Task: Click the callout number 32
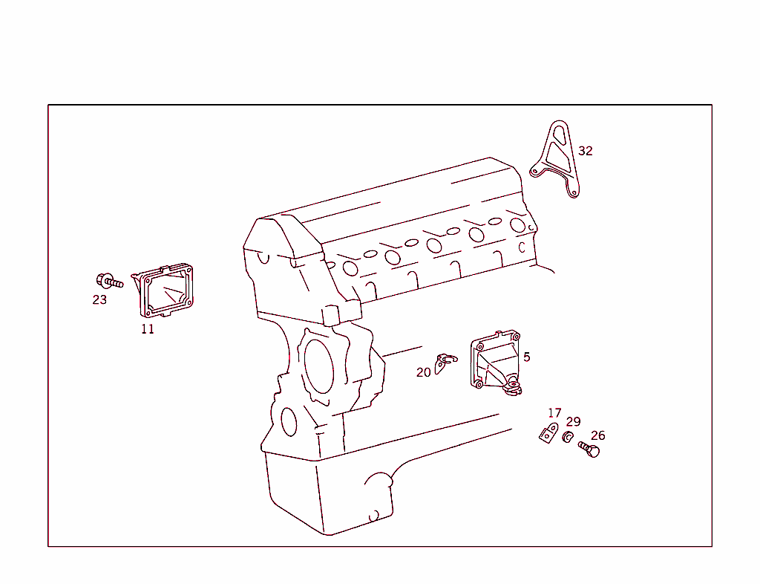click(586, 151)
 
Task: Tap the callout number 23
click(99, 300)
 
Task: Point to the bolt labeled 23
click(108, 282)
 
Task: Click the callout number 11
click(148, 329)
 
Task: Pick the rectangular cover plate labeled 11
click(164, 291)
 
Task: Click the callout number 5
click(527, 357)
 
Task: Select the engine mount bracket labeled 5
click(494, 362)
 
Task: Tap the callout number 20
click(424, 372)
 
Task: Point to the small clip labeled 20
click(444, 363)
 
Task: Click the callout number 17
click(554, 413)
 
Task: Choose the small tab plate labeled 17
click(548, 433)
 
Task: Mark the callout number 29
click(574, 422)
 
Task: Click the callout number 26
click(598, 436)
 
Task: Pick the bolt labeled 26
click(589, 449)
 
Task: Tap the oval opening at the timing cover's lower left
click(289, 421)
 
